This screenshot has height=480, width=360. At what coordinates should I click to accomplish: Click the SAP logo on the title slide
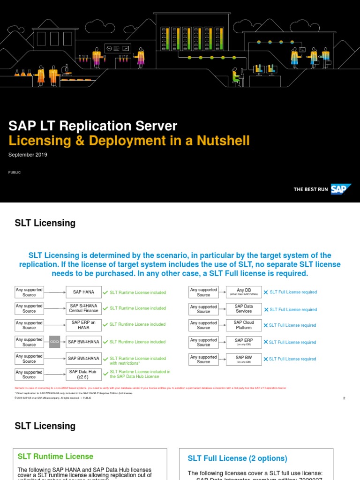tap(341, 189)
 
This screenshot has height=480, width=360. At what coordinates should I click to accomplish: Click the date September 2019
tap(28, 155)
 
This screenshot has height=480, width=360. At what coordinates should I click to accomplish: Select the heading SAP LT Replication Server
tap(93, 126)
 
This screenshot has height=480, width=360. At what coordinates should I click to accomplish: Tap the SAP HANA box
tap(83, 292)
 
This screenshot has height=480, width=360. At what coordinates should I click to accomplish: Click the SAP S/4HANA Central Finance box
tap(83, 308)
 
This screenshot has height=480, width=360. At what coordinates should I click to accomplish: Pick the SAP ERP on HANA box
tap(83, 324)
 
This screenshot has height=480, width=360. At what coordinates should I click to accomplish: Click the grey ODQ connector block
tap(54, 342)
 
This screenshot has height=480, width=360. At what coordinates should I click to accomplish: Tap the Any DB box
tap(244, 292)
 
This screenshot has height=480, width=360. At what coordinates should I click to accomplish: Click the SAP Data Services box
tap(244, 309)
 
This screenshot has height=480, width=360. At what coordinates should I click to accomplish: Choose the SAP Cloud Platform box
tap(244, 325)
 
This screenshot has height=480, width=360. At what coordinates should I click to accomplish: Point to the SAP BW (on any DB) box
tap(244, 359)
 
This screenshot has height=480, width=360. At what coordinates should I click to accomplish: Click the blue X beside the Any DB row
tap(266, 292)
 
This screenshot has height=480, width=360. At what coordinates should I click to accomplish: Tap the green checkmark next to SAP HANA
tap(105, 292)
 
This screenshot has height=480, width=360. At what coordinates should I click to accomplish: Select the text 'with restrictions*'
tap(126, 363)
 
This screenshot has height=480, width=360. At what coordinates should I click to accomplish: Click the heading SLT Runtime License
tap(55, 456)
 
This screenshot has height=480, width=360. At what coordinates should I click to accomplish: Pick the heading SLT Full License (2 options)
tap(238, 458)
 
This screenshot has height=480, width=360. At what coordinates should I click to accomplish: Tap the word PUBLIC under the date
tap(15, 172)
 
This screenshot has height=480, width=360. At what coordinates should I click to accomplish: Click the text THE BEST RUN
tap(311, 189)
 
